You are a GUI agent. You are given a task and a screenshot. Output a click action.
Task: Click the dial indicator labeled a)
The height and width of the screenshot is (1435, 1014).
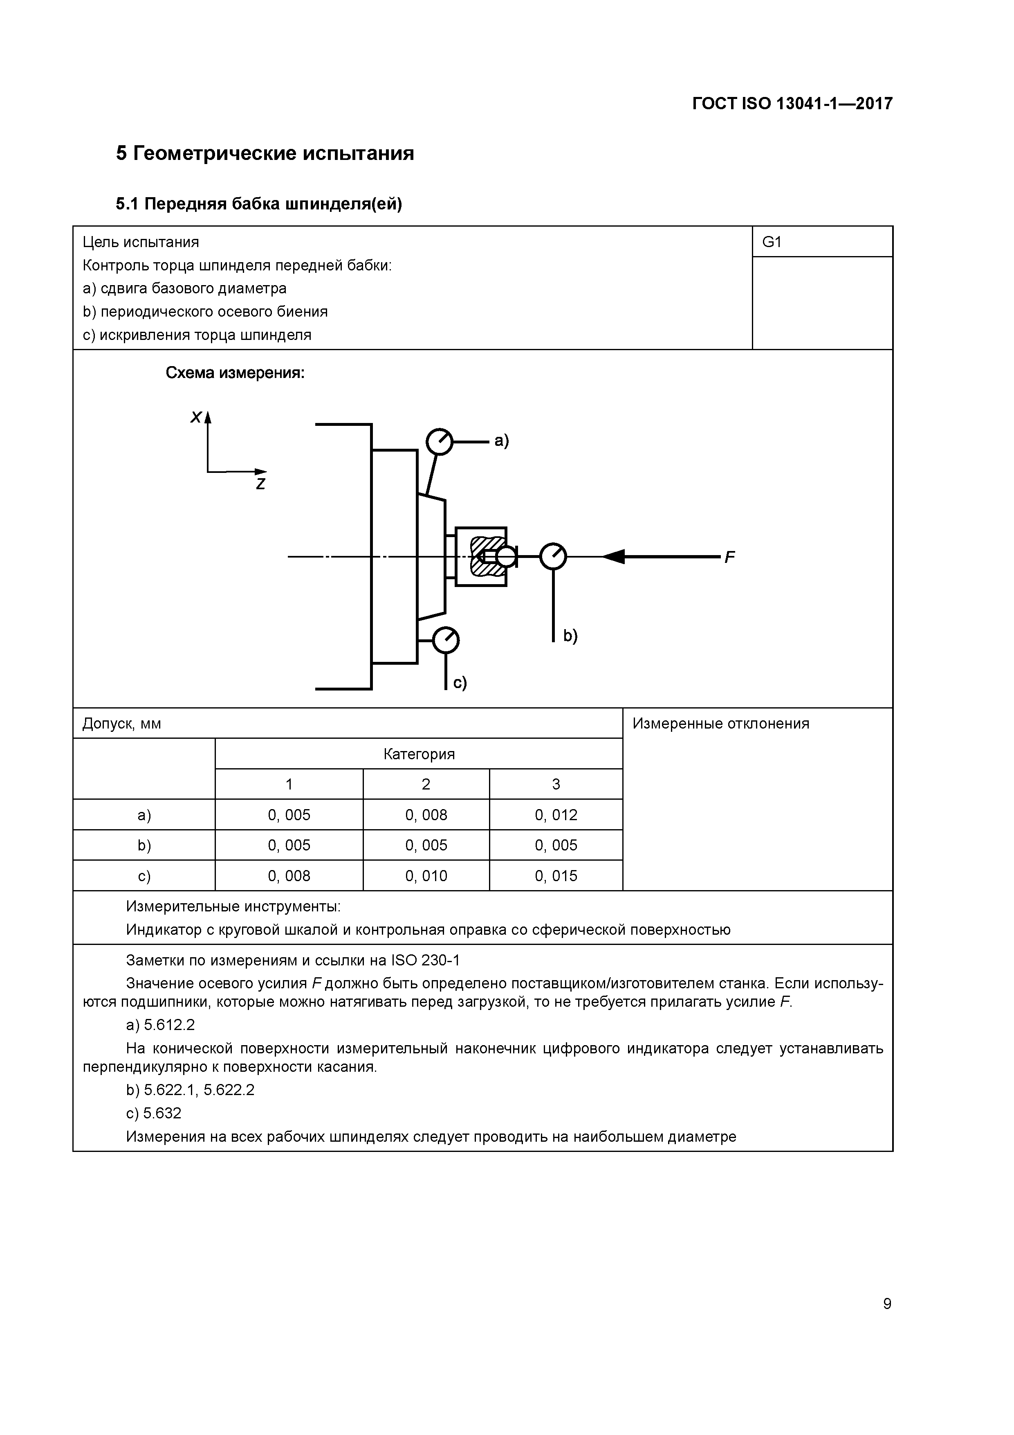[439, 442]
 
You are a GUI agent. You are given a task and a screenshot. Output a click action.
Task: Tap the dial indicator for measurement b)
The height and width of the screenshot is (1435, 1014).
[553, 556]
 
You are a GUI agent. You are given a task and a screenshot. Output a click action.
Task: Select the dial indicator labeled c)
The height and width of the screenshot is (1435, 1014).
[446, 640]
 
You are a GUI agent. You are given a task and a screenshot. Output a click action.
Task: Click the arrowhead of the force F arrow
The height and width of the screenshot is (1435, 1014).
[614, 556]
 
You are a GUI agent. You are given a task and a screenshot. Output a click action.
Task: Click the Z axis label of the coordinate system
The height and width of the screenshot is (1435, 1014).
[260, 484]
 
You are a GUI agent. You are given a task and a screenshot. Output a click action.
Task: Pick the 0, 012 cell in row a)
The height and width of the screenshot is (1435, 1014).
[556, 815]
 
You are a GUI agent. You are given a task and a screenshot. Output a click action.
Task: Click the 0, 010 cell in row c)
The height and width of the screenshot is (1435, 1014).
[426, 876]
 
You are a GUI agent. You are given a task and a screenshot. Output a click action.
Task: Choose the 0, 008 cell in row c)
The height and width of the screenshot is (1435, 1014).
[289, 876]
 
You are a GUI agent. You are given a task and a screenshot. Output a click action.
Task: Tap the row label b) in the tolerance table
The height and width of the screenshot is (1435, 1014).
[144, 845]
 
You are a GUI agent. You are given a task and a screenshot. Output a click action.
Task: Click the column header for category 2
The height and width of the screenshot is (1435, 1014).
[426, 784]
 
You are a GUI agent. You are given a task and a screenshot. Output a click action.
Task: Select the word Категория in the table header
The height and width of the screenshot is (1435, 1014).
[419, 754]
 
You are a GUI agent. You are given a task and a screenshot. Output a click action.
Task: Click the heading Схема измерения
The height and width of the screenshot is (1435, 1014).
[235, 373]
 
